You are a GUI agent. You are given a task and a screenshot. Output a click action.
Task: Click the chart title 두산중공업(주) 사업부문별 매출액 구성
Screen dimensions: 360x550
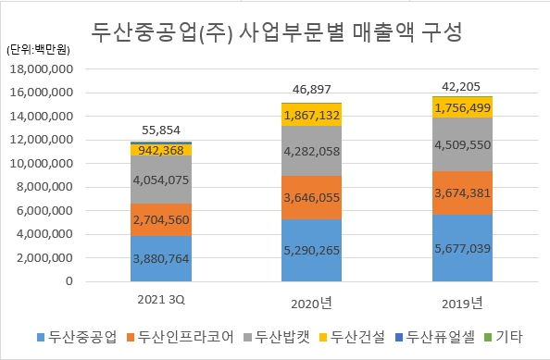[x=278, y=33]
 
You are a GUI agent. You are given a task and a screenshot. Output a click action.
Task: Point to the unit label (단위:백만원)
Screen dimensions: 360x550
[x=35, y=49]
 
